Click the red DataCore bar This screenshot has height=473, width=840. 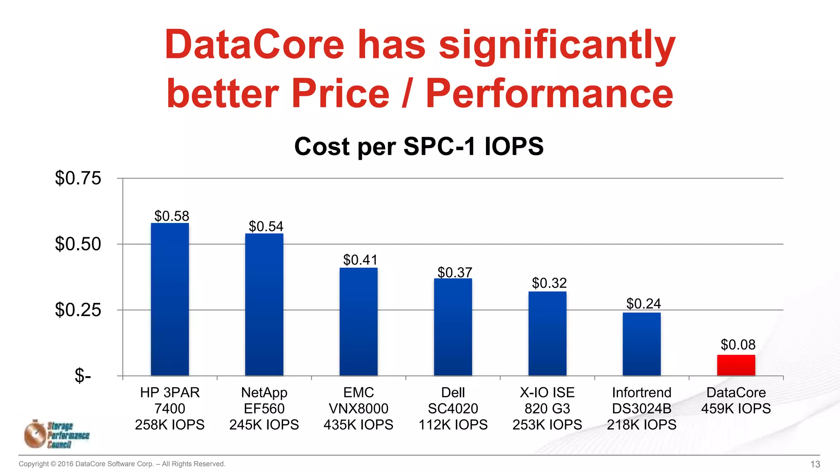point(736,365)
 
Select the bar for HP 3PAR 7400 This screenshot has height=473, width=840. point(170,299)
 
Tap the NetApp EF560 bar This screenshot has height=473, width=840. point(264,304)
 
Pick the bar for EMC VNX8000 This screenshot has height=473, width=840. point(358,321)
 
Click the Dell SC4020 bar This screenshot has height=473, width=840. point(453,327)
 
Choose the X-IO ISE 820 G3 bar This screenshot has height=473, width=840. point(547,333)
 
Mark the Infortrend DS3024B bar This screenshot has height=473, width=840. point(641,344)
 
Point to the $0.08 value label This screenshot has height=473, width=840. point(738,344)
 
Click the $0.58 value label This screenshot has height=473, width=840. point(171,216)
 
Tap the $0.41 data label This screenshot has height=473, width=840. point(360,260)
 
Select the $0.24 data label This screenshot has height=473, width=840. point(644,303)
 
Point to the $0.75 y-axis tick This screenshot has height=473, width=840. point(78,178)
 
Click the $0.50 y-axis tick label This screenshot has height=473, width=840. point(78,244)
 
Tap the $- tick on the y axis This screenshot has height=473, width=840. point(82,375)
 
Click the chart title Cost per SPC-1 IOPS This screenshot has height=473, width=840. point(419,146)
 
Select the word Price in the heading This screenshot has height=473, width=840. point(340,94)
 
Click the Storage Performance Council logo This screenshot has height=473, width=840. point(57,434)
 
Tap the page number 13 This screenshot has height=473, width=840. point(815,464)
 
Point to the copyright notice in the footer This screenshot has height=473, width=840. point(122,464)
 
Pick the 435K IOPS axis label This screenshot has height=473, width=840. point(358,424)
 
